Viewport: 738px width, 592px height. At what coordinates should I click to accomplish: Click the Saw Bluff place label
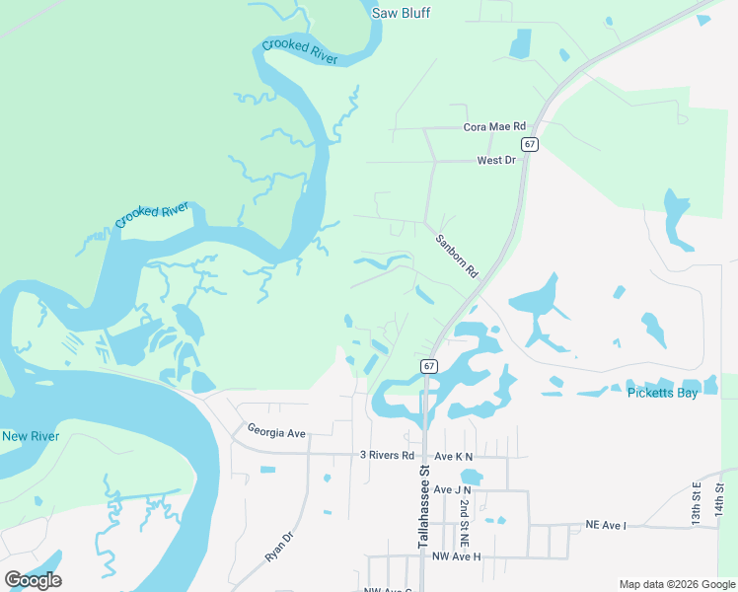tap(402, 13)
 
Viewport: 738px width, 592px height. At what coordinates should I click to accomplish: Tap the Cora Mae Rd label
tap(495, 127)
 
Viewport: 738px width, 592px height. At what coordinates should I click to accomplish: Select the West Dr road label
tap(496, 160)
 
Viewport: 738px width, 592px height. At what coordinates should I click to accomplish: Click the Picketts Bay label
tap(662, 394)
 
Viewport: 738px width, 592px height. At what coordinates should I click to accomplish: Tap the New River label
tap(31, 436)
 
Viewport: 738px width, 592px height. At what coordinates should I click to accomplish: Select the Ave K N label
tap(455, 456)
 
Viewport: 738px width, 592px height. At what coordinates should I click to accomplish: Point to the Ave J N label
tap(453, 489)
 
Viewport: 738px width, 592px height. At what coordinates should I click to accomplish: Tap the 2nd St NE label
tap(462, 524)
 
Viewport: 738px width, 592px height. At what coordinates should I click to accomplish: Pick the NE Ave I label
tap(606, 526)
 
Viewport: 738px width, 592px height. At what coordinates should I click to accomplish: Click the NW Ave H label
tap(457, 557)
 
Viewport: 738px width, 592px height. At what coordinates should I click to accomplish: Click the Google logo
tap(33, 580)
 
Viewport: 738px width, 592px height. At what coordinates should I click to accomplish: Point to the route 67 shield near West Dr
tap(531, 144)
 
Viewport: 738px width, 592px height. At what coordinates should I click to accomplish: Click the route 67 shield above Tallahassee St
tap(428, 366)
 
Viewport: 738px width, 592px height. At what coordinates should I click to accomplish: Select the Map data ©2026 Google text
tap(676, 584)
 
